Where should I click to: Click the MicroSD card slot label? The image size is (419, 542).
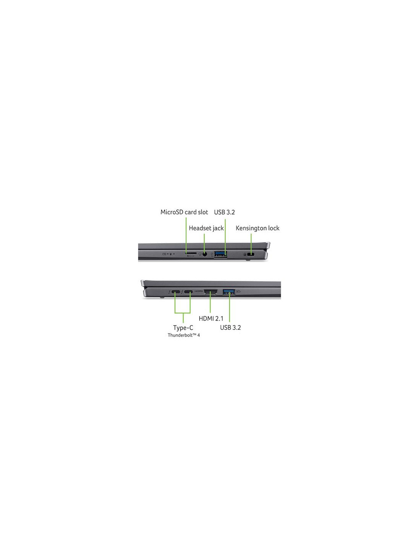tap(184, 212)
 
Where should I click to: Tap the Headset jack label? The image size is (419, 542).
tap(206, 228)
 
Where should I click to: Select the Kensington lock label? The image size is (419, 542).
tap(257, 228)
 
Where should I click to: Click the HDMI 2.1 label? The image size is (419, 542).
tap(211, 319)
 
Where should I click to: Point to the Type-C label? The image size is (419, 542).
tap(183, 328)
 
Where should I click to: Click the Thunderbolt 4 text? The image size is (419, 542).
tap(184, 335)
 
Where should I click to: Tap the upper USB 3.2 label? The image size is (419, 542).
tap(224, 212)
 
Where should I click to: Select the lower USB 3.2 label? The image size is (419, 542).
tap(230, 327)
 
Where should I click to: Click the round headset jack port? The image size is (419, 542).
tap(205, 254)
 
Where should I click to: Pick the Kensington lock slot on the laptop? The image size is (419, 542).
tap(251, 254)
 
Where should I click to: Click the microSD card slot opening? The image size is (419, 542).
tap(191, 253)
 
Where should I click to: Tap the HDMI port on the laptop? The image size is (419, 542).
tap(211, 292)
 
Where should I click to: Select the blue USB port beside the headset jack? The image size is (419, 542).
tap(221, 254)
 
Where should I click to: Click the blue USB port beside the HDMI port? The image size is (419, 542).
tap(229, 291)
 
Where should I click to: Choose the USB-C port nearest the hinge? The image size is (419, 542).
tap(176, 292)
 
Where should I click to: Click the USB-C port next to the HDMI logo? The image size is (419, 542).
tap(189, 292)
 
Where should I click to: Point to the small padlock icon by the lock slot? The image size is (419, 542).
tap(245, 254)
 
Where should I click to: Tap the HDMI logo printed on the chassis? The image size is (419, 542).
tap(199, 291)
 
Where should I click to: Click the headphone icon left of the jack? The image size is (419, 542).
tap(200, 254)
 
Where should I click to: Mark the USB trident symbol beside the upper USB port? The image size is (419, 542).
tap(212, 254)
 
